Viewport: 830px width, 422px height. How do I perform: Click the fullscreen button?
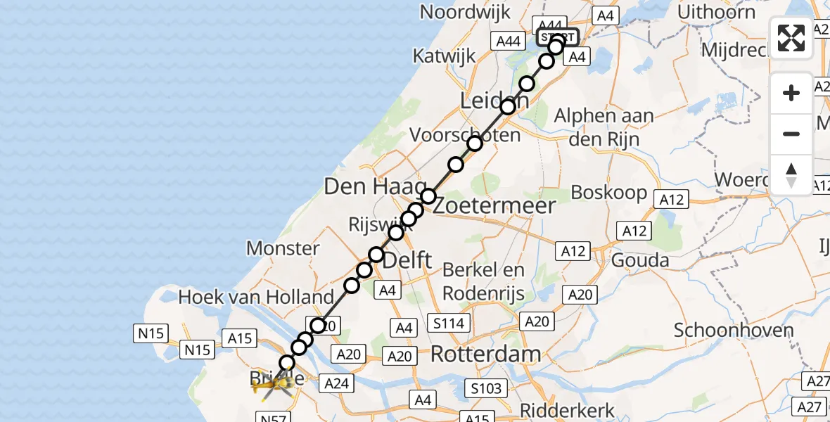point(791,38)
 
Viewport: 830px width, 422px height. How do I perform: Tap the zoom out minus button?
point(791,134)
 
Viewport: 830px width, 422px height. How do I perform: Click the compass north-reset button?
point(791,174)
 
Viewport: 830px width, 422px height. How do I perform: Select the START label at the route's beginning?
point(558,37)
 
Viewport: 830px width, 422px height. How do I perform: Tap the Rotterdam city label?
point(485,354)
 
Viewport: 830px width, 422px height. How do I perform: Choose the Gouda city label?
point(640,260)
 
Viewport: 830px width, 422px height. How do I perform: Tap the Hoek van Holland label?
point(255,297)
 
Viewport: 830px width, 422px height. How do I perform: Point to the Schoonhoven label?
point(734,330)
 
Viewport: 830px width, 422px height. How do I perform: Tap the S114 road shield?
point(449,322)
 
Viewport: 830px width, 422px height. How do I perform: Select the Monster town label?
point(283,248)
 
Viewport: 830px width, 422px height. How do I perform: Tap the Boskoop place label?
point(608,192)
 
